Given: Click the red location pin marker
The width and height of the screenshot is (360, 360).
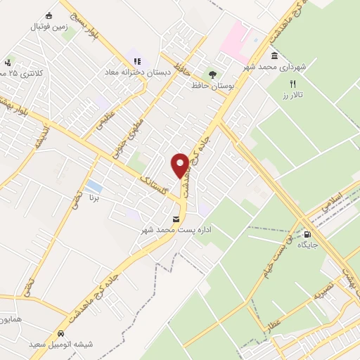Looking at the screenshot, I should click(181, 165).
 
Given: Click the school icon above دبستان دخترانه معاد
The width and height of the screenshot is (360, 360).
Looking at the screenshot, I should click(137, 61).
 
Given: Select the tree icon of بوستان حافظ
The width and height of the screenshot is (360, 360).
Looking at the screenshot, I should click(212, 74).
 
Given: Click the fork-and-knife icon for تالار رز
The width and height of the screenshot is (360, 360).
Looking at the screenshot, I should click(292, 84).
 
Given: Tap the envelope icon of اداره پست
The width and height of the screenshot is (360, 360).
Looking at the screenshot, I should click(176, 218).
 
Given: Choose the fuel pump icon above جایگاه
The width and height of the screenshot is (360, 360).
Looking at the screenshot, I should click(307, 234).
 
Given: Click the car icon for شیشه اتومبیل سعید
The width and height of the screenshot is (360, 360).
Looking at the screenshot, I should click(63, 333).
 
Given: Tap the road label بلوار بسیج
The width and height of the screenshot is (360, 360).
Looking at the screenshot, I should click(83, 19).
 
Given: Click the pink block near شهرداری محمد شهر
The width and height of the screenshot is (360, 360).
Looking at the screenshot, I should click(234, 39).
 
